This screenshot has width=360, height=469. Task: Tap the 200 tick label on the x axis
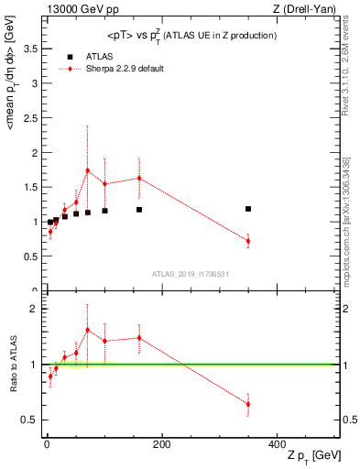tap(161, 445)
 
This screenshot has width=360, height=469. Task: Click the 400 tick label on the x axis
tap(276, 445)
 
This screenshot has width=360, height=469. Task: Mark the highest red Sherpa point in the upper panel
tap(88, 170)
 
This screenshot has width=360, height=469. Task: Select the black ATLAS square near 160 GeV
tap(139, 210)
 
